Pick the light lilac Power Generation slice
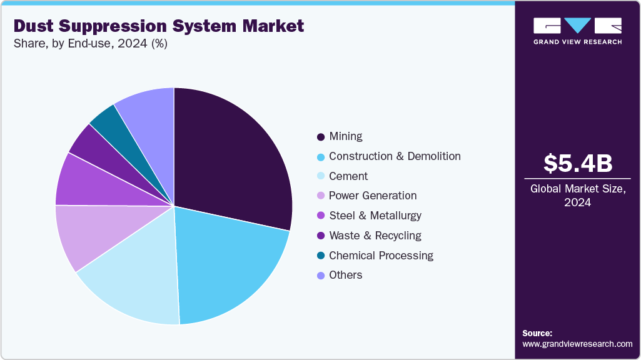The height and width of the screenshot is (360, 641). pos(88,234)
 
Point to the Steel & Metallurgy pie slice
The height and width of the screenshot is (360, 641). pos(84,184)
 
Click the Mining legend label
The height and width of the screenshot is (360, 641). pos(346,136)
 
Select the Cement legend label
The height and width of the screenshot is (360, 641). pos(348,176)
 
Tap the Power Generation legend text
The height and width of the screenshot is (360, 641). pos(373,196)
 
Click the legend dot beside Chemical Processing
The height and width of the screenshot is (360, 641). pos(321,256)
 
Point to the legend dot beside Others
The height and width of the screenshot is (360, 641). pos(321,276)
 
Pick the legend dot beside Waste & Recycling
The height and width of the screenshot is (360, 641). pos(321,236)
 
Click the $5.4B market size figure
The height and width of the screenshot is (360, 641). pos(577,164)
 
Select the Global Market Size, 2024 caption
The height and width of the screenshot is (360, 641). pos(577,195)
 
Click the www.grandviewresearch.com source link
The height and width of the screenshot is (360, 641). pos(577,344)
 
